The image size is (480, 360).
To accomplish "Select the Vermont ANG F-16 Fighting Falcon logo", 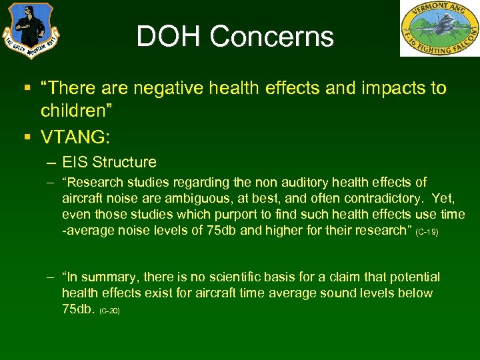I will [x=439, y=28].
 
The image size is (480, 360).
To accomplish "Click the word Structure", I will [x=124, y=162].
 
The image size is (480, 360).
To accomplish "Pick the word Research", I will [x=96, y=182].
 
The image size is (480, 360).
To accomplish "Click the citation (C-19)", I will [x=426, y=232].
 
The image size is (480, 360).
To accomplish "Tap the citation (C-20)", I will [x=109, y=311].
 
